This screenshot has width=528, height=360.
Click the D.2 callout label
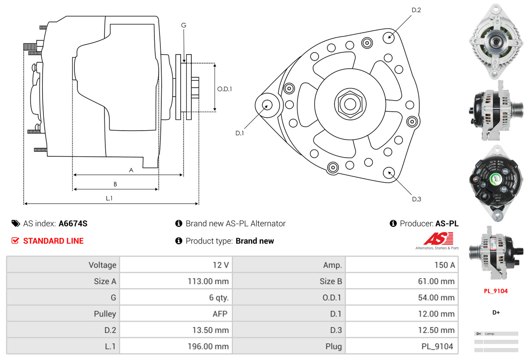pos(416,10)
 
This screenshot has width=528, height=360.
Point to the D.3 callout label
pos(416,199)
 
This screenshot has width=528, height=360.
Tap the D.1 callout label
pos(239,133)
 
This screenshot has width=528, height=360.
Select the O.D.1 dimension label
pos(224,89)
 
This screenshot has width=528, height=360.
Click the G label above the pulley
pos(184,25)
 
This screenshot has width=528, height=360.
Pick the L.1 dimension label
pos(109,198)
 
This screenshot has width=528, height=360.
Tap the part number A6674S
pos(73,223)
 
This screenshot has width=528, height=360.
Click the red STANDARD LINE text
pos(53,241)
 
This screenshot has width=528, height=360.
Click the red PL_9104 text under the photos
pos(496,291)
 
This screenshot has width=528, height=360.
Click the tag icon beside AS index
pos(15,223)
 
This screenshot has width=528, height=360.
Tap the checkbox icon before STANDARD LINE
pos(15,241)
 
